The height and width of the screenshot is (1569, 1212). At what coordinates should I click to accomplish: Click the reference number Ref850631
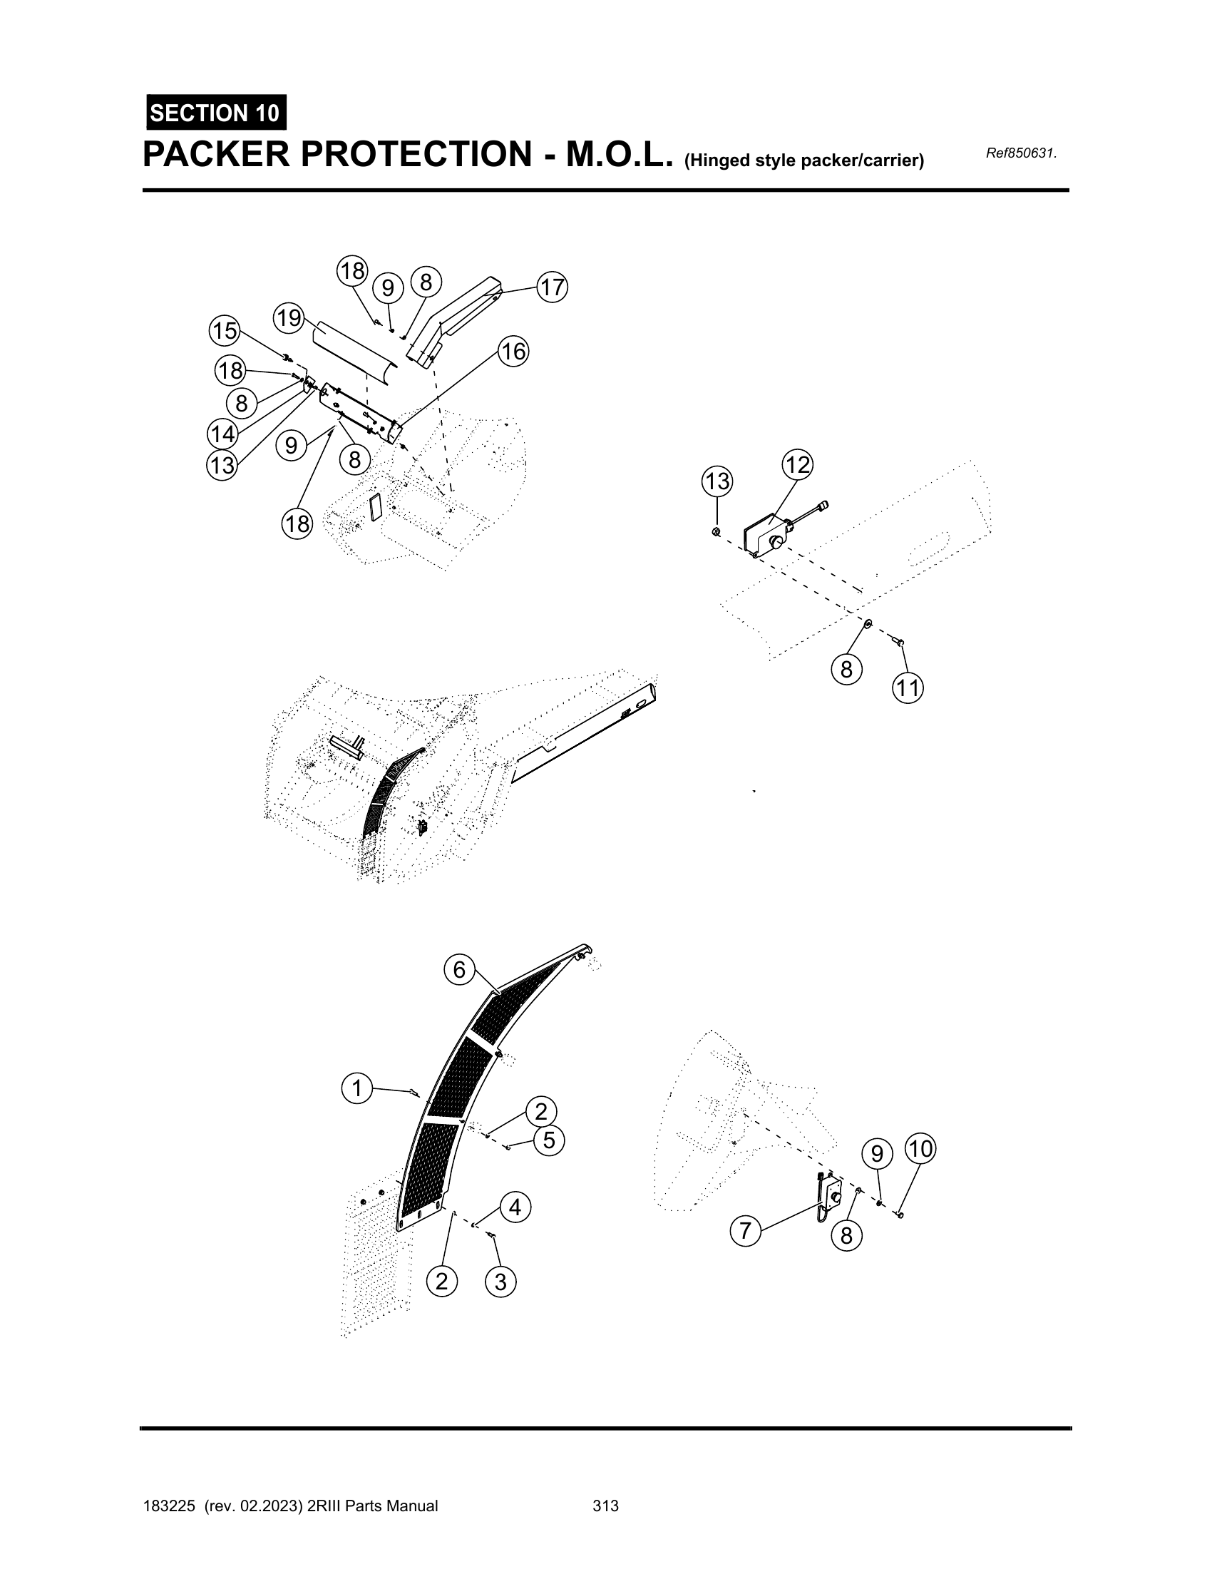pos(1022,153)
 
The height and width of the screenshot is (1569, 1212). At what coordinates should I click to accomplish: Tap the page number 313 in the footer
pos(605,1506)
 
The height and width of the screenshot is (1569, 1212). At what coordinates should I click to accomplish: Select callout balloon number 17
pos(552,287)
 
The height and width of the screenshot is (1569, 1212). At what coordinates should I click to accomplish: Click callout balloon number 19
pos(289,317)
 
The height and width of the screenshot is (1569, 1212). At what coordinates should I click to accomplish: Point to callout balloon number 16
pos(513,352)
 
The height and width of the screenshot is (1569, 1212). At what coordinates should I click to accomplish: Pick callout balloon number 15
pos(225,331)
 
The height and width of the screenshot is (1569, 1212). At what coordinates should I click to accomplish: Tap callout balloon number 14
pos(222,434)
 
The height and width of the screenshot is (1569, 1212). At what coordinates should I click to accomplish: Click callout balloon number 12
pos(797,465)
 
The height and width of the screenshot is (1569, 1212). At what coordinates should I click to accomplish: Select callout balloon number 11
pos(908,688)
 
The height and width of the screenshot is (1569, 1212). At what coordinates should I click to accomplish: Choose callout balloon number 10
pos(920,1150)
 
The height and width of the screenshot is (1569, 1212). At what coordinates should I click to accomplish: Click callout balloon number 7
pos(745,1232)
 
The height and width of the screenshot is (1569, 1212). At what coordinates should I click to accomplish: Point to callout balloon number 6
pos(460,971)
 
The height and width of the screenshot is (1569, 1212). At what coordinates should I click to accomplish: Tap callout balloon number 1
pos(357,1088)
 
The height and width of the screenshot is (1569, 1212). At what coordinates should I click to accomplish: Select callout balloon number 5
pos(549,1140)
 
